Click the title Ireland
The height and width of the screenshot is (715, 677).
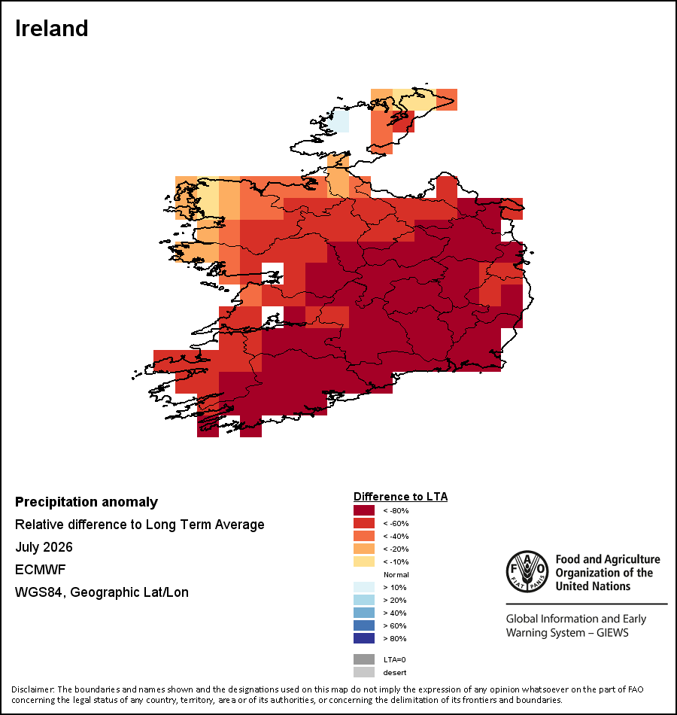pos(51,29)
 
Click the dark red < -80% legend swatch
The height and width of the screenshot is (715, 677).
pos(364,510)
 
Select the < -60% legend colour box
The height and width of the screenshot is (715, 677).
pos(364,523)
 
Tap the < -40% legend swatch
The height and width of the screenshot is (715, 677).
pos(364,536)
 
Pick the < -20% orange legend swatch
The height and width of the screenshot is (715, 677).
pos(364,549)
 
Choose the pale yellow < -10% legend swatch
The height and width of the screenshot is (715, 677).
pos(364,561)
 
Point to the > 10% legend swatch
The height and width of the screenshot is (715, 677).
pos(364,587)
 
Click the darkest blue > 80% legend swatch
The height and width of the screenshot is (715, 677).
pos(364,638)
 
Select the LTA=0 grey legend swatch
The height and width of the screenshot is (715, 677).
pos(364,659)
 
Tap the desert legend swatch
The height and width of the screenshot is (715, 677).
pos(364,672)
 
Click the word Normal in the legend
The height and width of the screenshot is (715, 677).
pos(396,574)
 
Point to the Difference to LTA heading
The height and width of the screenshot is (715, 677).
pos(400,497)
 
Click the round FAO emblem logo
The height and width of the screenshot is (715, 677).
pos(527,571)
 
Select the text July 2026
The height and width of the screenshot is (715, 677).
pos(44,546)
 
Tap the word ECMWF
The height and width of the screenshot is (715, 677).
pos(40,570)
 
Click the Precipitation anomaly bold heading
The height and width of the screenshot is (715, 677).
pos(87,502)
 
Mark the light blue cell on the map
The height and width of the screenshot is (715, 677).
pos(338,121)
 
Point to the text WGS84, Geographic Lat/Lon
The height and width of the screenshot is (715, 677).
pos(102,592)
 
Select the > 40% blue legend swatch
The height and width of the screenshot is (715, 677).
pos(364,613)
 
